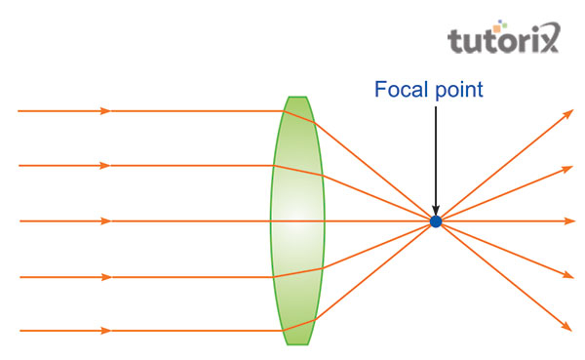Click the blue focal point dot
(436, 222)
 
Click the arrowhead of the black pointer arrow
(436, 210)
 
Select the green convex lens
(297, 220)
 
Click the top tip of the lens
(297, 98)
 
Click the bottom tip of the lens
(297, 343)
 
